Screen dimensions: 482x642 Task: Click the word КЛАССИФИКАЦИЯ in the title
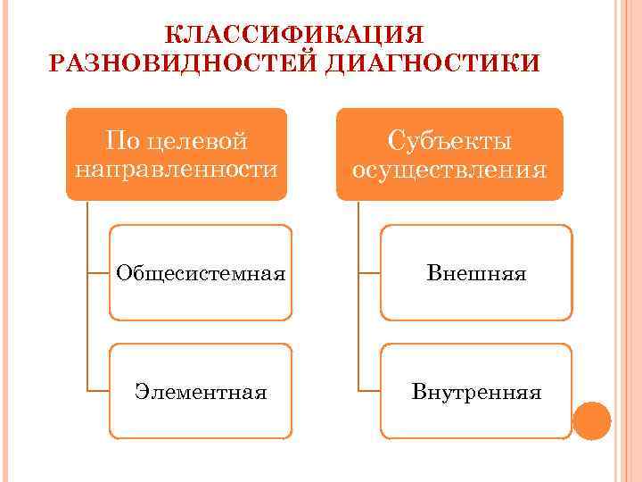point(295,35)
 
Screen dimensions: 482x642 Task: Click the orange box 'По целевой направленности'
point(177,154)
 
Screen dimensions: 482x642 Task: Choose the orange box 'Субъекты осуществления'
point(449,154)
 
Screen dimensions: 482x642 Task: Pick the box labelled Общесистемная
point(201,272)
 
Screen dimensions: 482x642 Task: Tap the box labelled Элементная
point(201,391)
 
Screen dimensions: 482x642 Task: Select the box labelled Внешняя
point(476,272)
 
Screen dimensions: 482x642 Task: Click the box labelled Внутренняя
point(476,391)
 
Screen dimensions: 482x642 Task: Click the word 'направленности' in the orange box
point(177,168)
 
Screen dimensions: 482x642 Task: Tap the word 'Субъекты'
point(449,141)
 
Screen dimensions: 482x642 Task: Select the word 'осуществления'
point(449,168)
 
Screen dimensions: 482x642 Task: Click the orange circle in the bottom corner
point(591,420)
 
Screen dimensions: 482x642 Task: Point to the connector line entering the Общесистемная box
point(99,272)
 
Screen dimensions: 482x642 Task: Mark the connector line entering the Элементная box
point(99,390)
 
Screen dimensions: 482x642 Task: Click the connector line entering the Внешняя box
point(369,272)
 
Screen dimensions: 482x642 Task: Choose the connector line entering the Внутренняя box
point(369,390)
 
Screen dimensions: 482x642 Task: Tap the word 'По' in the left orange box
point(121,141)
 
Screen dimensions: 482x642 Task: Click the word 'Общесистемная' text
point(201,272)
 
